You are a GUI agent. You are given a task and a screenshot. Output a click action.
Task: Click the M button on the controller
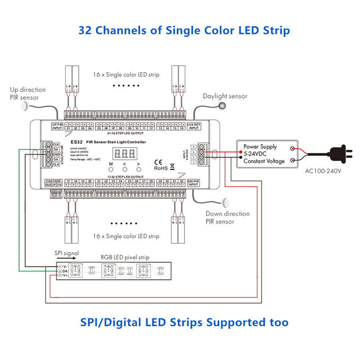point(111,170)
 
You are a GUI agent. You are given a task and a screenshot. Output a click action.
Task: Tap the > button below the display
point(138,170)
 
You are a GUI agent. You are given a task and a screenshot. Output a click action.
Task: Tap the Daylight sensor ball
point(221,106)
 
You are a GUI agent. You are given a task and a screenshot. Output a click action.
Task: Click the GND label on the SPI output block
point(56,154)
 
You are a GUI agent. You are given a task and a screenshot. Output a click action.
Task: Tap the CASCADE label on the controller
point(53,181)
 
